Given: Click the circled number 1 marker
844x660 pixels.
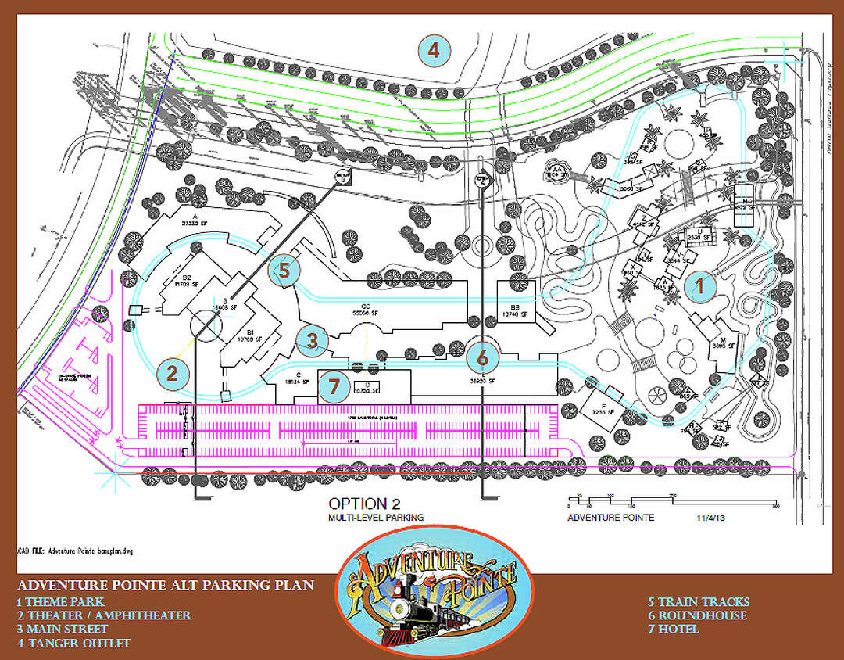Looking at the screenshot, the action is click(699, 286).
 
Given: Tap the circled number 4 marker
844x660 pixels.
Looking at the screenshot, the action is click(433, 52).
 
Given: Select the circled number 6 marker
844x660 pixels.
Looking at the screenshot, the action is click(482, 357).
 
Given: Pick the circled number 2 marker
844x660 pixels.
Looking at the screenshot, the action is click(172, 373).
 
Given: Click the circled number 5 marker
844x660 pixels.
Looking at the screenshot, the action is click(284, 271).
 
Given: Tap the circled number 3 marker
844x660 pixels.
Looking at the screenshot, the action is click(312, 340).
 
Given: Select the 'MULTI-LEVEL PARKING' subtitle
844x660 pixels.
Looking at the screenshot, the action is click(376, 518).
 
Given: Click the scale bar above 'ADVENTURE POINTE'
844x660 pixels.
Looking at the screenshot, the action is click(672, 501).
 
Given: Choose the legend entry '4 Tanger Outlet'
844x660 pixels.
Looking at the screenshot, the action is click(73, 643).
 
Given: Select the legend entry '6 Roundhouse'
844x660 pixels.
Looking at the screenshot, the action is click(697, 615).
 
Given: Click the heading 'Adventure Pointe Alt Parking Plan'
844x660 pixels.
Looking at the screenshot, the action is click(166, 586).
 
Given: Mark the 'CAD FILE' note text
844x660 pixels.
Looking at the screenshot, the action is click(74, 551).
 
